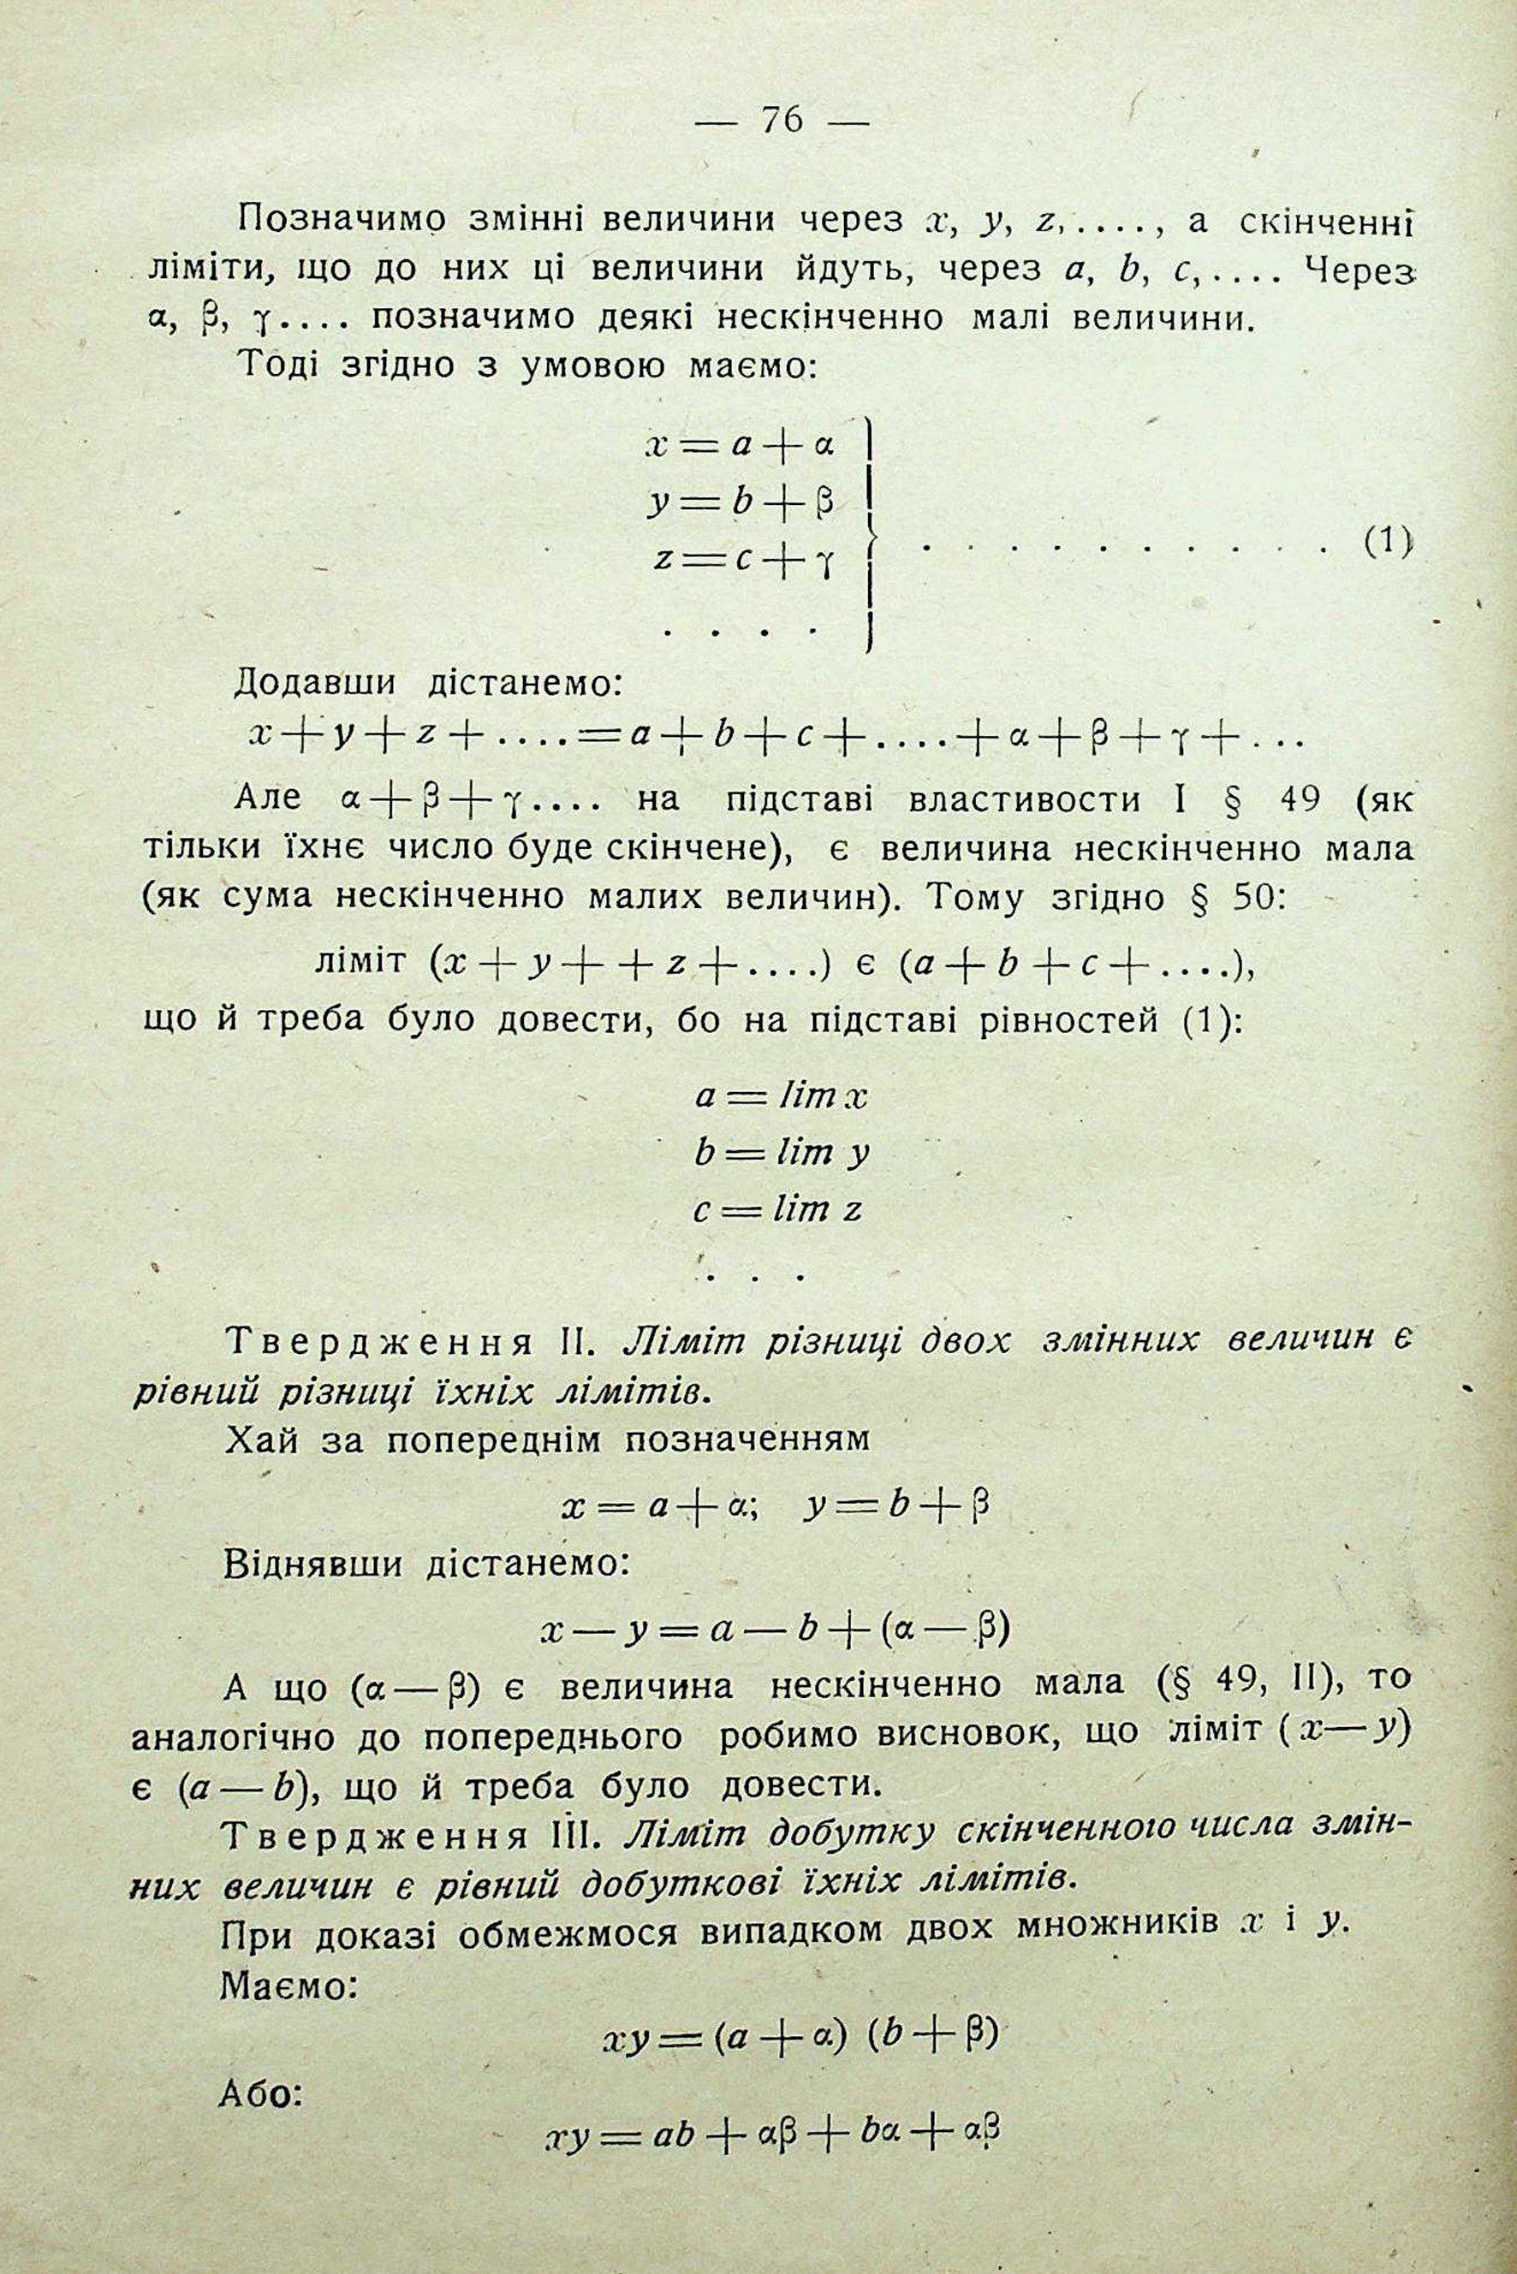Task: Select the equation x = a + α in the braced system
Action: coord(741,446)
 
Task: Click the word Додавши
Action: coord(314,683)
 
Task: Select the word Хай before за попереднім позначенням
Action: coord(260,1441)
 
